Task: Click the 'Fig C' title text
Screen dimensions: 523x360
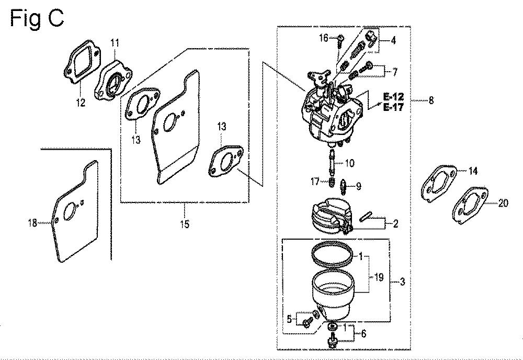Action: [37, 18]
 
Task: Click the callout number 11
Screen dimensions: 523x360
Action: [115, 43]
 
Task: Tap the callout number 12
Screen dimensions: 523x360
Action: [81, 103]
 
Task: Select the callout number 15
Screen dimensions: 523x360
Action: [185, 224]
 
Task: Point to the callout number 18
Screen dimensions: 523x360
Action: [32, 223]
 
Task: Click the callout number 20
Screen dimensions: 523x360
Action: [503, 203]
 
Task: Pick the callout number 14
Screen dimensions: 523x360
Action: [473, 171]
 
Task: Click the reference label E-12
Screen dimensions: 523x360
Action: [394, 97]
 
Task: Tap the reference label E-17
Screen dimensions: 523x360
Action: [394, 107]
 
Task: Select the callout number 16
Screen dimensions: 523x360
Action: [324, 38]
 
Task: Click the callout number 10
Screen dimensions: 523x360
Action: [349, 163]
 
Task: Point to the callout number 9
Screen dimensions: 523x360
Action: [359, 186]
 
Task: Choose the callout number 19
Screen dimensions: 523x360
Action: [379, 277]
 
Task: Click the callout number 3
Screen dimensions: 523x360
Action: [402, 282]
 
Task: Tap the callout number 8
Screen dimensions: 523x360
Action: [431, 100]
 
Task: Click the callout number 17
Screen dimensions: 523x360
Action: [315, 182]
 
